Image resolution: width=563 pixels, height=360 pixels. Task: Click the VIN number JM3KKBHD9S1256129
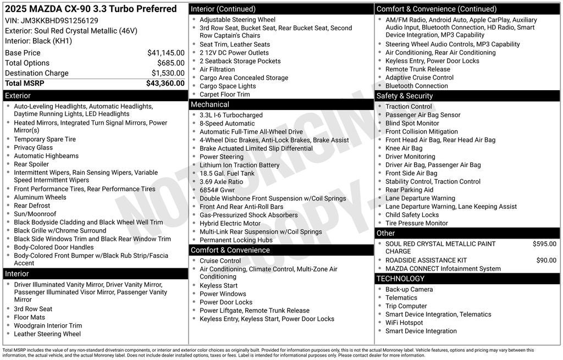59,20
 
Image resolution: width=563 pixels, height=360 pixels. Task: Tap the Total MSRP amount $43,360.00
165,84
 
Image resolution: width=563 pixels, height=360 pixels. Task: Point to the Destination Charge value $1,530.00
168,73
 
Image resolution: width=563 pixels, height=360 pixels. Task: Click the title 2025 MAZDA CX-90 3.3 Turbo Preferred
91,9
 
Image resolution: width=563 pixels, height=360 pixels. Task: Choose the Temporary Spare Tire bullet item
45,139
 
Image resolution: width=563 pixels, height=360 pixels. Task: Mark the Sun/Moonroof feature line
35,214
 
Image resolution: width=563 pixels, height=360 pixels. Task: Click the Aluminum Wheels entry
40,197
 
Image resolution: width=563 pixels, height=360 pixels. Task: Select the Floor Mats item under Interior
30,317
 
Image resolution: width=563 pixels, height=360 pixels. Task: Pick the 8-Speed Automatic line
227,124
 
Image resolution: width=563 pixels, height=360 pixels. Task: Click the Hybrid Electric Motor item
230,224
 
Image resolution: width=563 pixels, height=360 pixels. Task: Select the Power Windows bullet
223,294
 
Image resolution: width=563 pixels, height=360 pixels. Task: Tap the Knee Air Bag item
404,148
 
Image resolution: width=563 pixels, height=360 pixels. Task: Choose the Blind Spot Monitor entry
412,123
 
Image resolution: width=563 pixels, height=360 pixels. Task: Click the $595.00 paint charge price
544,244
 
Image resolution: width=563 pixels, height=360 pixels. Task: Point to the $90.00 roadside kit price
546,261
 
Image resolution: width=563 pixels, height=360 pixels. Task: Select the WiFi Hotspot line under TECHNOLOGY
404,323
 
